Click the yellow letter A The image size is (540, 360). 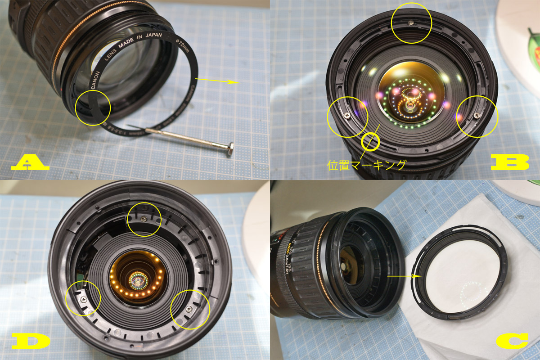tap(29, 162)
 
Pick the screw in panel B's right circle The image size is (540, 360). tap(477, 116)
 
